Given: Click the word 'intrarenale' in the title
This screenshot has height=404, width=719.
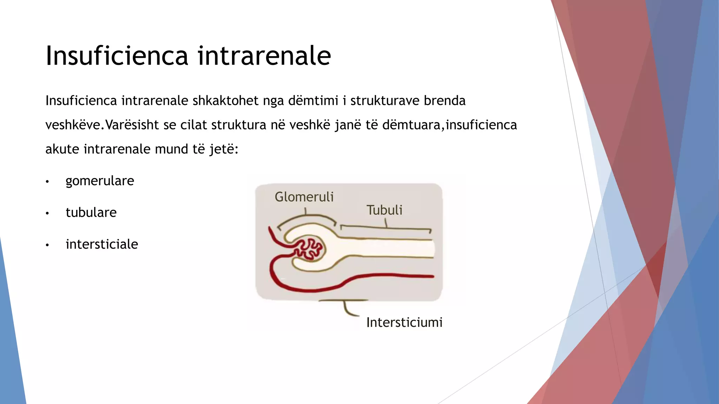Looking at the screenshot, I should [264, 56].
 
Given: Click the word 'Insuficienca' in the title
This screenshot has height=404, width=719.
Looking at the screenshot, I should [117, 56].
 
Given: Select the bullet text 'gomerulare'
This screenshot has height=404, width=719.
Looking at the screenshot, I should [100, 181].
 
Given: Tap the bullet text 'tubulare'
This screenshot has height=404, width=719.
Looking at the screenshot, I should [91, 213].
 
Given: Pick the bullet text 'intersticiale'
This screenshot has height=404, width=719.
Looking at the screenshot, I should [102, 244].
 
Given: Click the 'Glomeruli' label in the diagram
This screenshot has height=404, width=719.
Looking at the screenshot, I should [304, 197].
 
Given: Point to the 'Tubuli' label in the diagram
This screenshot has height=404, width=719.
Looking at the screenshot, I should [384, 210].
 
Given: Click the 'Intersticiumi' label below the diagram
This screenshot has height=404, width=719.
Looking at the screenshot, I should [404, 322].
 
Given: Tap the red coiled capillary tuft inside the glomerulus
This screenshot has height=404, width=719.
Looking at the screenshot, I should [309, 249].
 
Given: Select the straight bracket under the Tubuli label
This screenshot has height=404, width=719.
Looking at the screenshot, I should [386, 228].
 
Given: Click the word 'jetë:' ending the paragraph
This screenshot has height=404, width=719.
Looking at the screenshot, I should [224, 149].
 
